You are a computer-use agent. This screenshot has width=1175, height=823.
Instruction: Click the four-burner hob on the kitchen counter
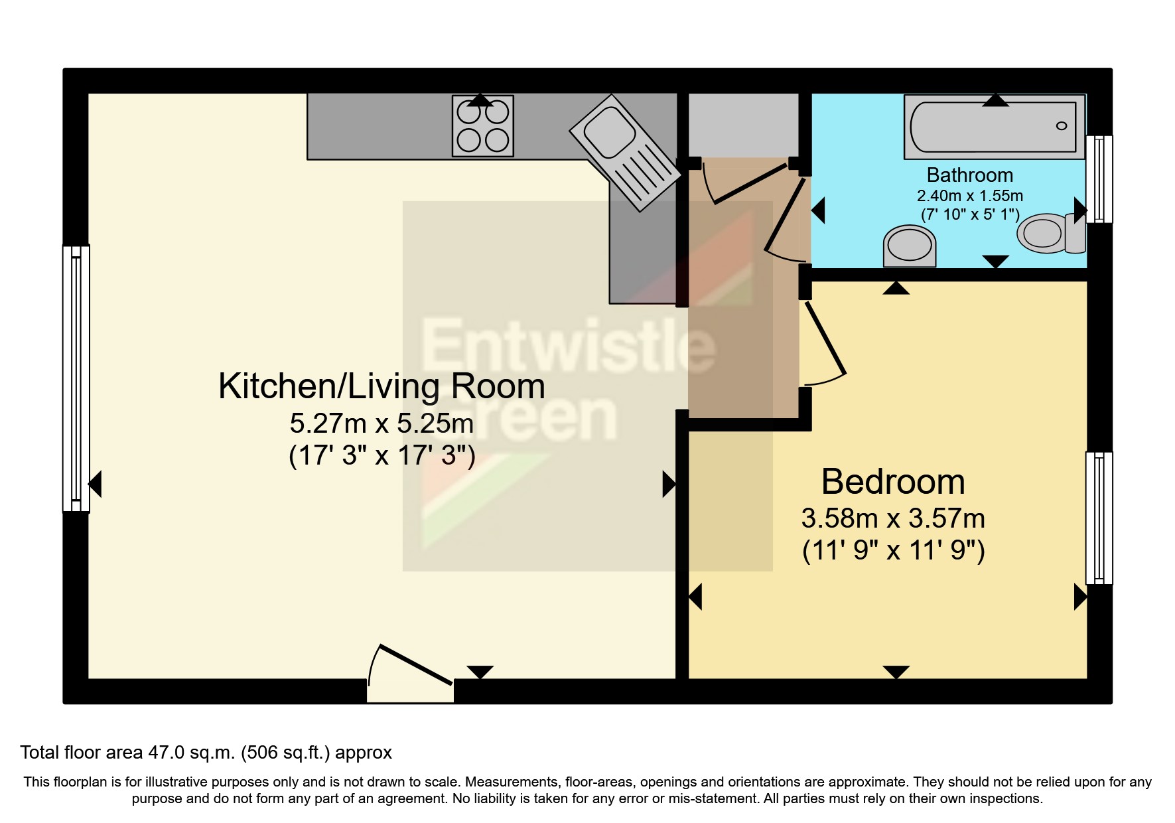pyautogui.click(x=483, y=126)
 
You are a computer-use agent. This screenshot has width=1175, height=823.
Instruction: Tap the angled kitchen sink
pyautogui.click(x=625, y=153)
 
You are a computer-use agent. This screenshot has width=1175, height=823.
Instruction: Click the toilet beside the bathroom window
pyautogui.click(x=1052, y=233)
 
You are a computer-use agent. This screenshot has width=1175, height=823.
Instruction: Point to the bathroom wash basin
pyautogui.click(x=909, y=246)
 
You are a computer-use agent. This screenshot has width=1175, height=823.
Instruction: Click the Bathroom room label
pyautogui.click(x=970, y=175)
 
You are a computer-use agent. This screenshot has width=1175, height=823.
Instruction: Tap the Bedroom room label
pyautogui.click(x=893, y=482)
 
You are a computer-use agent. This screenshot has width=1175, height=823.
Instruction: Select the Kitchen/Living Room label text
pyautogui.click(x=381, y=386)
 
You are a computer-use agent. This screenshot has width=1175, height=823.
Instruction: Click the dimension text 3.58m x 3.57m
pyautogui.click(x=893, y=518)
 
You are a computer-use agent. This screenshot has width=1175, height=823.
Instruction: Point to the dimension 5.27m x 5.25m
pyautogui.click(x=381, y=423)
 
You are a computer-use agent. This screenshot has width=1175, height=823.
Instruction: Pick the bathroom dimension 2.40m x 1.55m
pyautogui.click(x=970, y=196)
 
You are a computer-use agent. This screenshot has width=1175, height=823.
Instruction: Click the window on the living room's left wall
pyautogui.click(x=76, y=378)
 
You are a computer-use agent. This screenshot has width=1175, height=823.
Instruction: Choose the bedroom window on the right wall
pyautogui.click(x=1099, y=518)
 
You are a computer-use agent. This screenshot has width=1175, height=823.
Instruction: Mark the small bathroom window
pyautogui.click(x=1099, y=179)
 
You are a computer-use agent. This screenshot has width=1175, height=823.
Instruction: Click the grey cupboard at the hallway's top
pyautogui.click(x=743, y=125)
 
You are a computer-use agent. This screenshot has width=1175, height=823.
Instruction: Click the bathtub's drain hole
pyautogui.click(x=1062, y=126)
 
